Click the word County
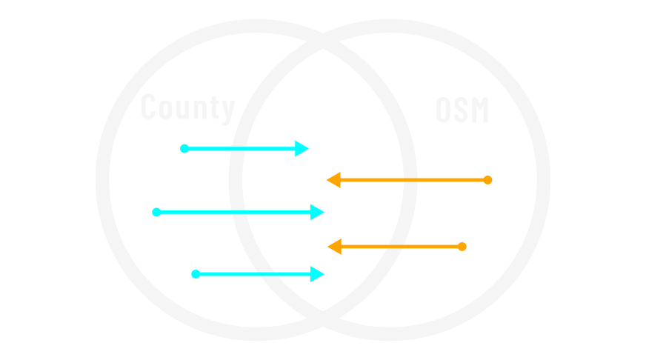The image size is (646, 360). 187,108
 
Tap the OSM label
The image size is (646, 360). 462,110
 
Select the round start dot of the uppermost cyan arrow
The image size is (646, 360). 184,149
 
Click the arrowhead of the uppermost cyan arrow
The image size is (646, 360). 302,149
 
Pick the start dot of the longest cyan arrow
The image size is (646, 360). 156,212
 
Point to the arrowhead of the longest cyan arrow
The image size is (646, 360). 317,213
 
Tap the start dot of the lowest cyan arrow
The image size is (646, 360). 196,274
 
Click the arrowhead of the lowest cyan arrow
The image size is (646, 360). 317,274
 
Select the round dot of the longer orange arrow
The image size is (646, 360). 487,180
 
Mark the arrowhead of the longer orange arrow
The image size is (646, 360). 333,180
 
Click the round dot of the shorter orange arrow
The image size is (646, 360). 462,247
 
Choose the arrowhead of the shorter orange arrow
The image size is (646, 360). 334,247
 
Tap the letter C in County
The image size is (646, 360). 150,108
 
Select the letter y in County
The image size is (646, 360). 227,110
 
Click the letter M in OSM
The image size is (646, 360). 479,110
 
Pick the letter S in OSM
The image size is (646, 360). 462,110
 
